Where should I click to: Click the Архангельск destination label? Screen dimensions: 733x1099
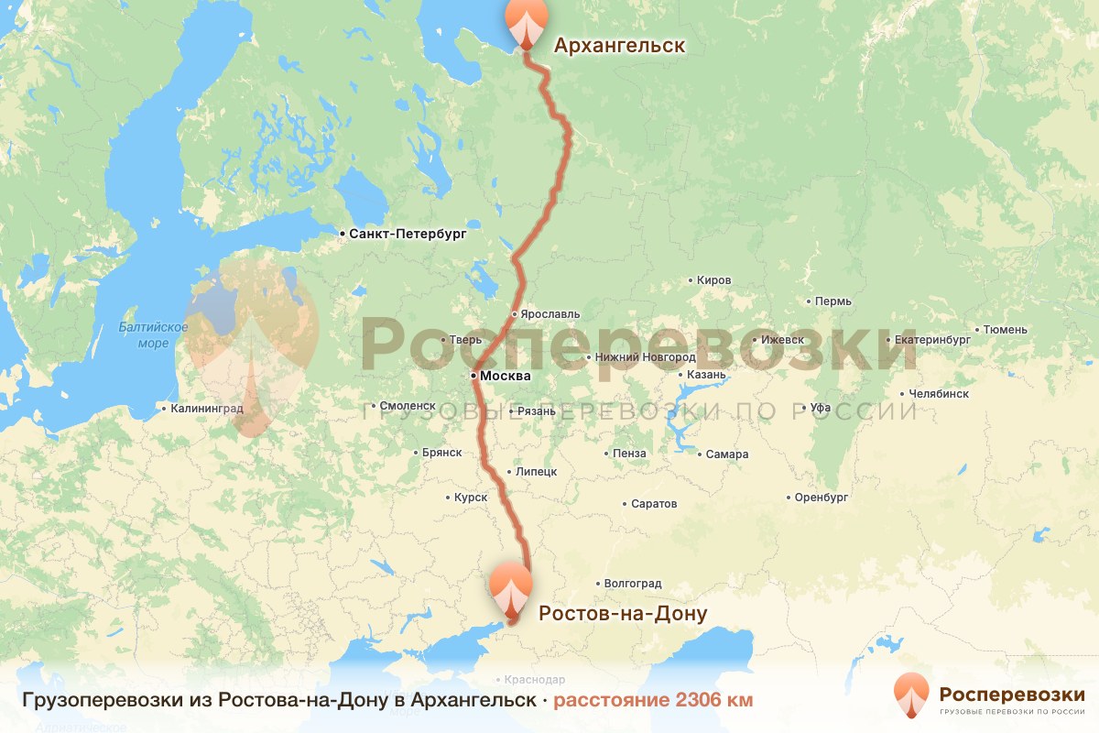(x=619, y=46)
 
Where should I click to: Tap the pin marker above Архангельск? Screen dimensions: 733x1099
(x=526, y=21)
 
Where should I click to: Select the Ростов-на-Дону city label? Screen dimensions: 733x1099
(x=623, y=613)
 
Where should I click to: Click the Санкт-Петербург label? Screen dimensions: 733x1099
(x=408, y=235)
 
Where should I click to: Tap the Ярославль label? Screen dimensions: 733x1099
(x=550, y=313)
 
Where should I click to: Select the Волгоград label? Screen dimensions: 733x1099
(x=633, y=583)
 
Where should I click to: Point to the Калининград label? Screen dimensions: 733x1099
(x=207, y=409)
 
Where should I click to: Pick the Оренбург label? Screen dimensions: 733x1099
(x=822, y=498)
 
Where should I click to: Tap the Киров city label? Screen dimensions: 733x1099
(x=713, y=280)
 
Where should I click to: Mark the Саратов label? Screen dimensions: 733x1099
(x=654, y=504)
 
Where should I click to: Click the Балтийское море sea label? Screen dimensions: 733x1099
(x=153, y=335)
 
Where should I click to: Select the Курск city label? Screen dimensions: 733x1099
(x=470, y=498)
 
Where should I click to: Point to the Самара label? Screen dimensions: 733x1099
(x=727, y=454)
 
